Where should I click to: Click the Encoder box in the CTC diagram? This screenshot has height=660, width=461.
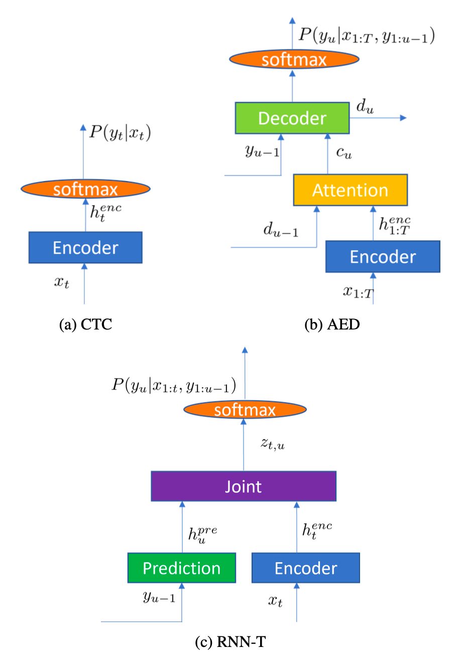click(85, 248)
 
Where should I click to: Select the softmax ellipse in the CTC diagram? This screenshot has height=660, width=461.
click(85, 189)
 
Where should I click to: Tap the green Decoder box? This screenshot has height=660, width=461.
click(292, 118)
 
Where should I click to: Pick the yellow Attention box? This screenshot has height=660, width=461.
click(350, 190)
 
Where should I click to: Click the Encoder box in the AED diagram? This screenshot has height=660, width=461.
click(383, 256)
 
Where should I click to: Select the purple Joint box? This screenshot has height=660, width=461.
click(244, 486)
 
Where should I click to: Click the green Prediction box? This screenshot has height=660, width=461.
click(181, 568)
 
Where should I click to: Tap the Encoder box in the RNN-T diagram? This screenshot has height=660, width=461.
click(305, 568)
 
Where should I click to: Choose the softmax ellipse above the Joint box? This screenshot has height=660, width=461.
click(245, 410)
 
